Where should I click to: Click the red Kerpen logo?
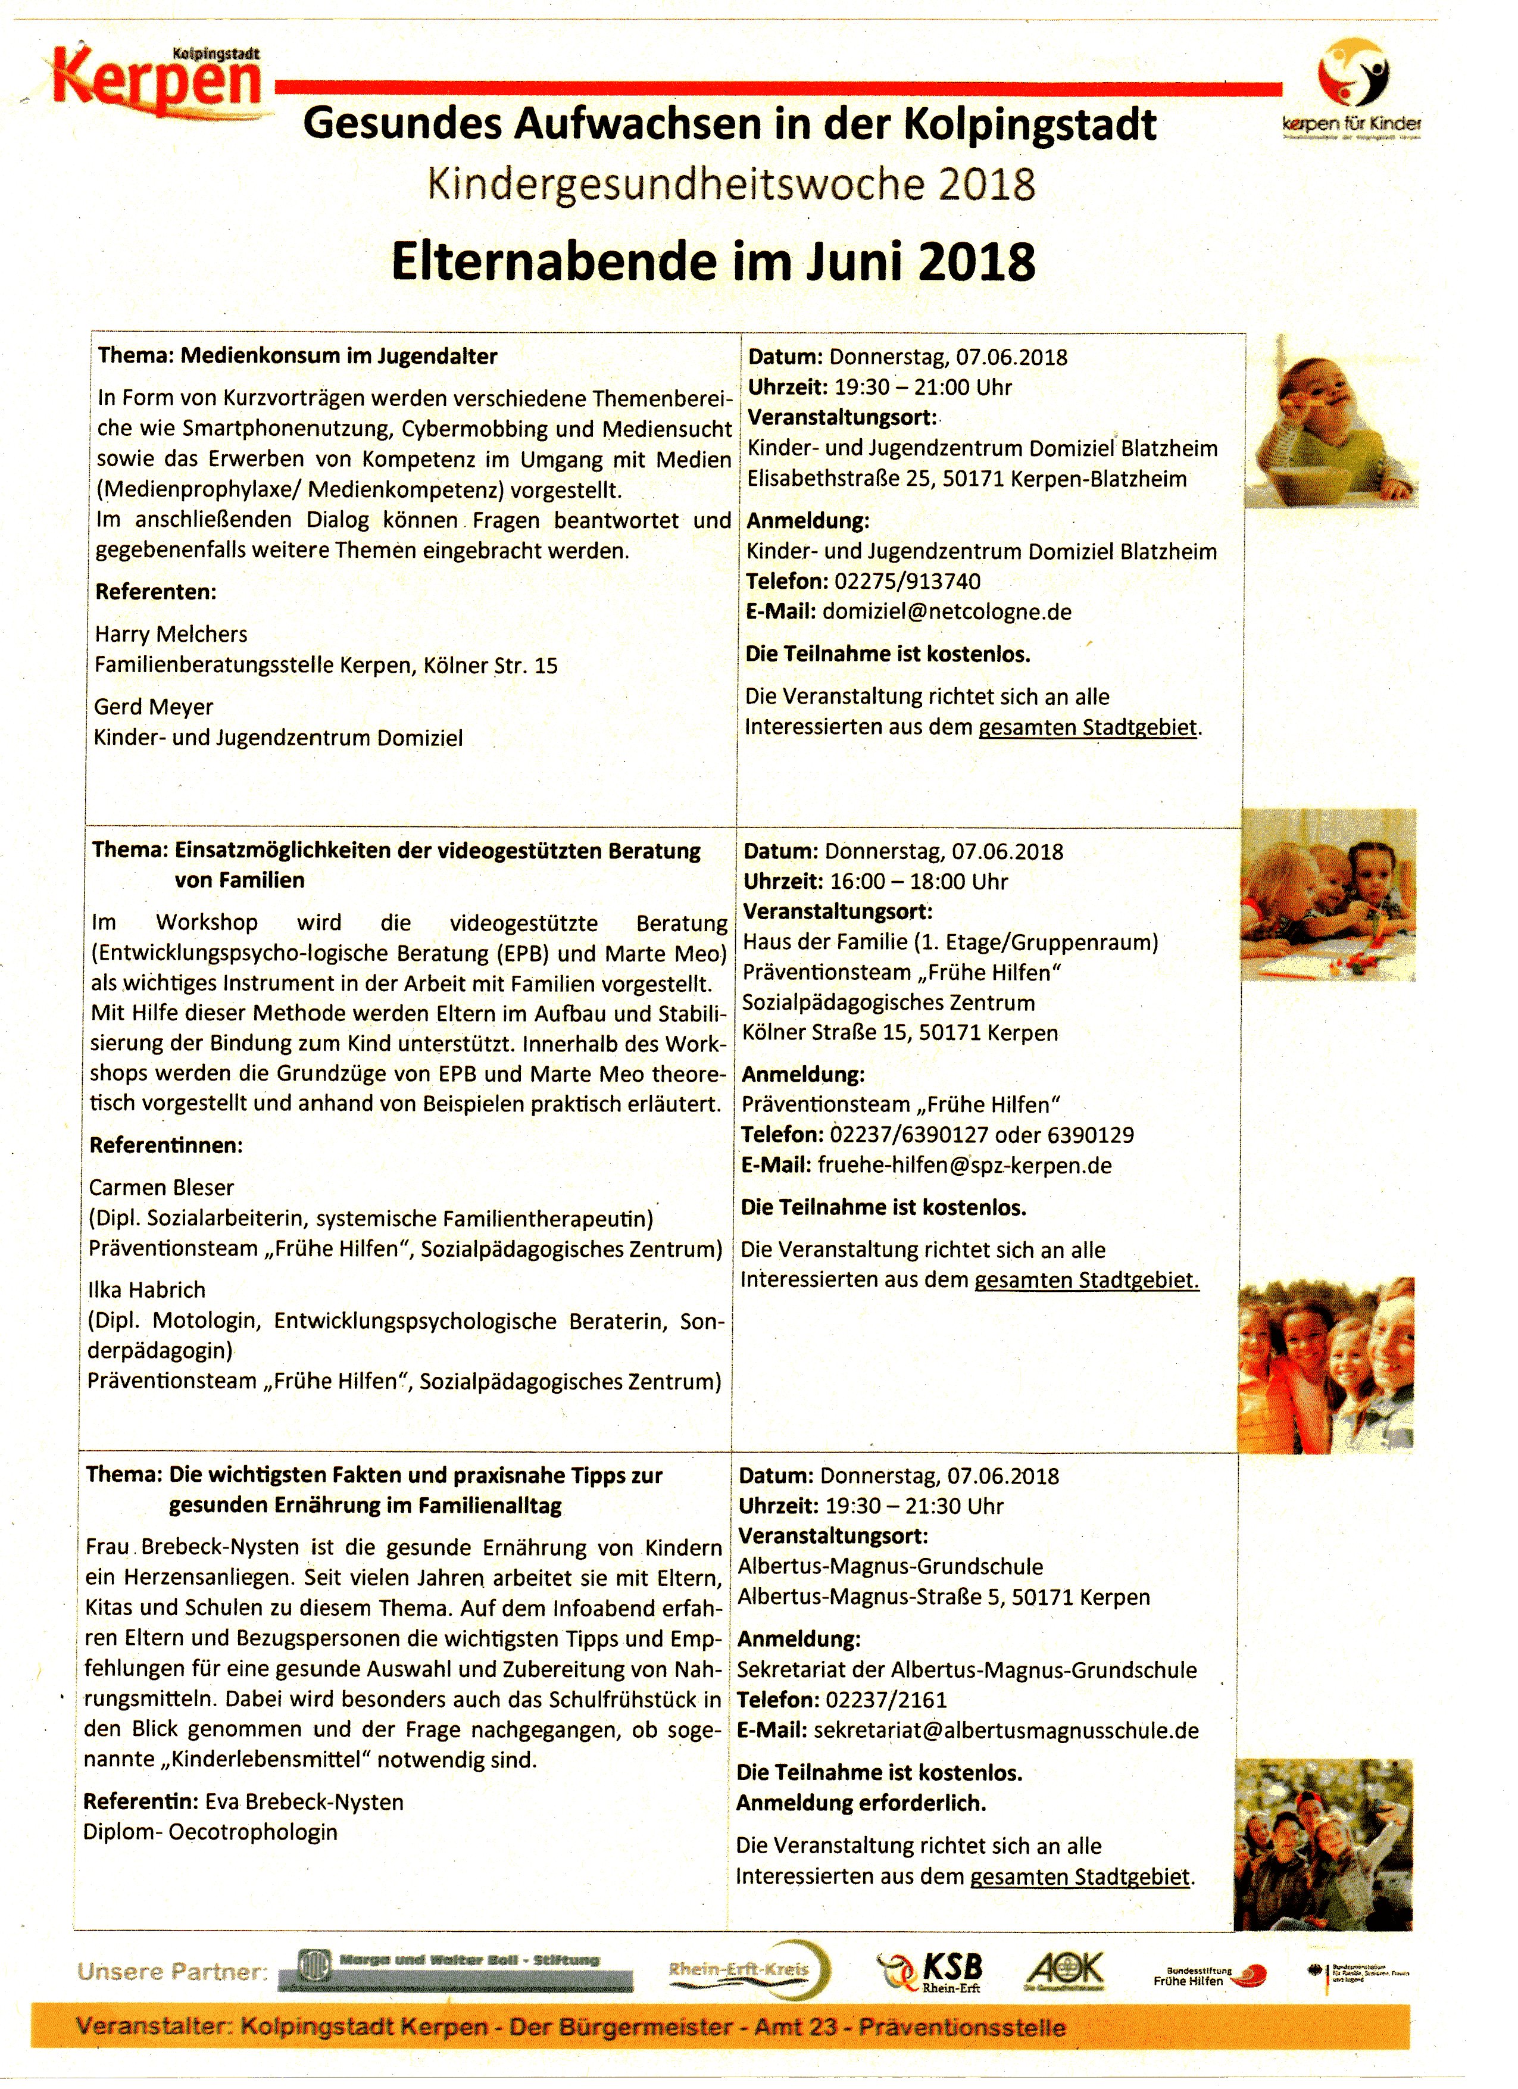(x=157, y=81)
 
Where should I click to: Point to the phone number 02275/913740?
(x=907, y=581)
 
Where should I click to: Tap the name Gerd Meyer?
(x=154, y=707)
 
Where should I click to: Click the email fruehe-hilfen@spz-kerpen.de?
(x=964, y=1165)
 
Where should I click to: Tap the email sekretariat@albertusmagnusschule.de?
(x=1006, y=1730)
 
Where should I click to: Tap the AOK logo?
(x=1065, y=1970)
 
